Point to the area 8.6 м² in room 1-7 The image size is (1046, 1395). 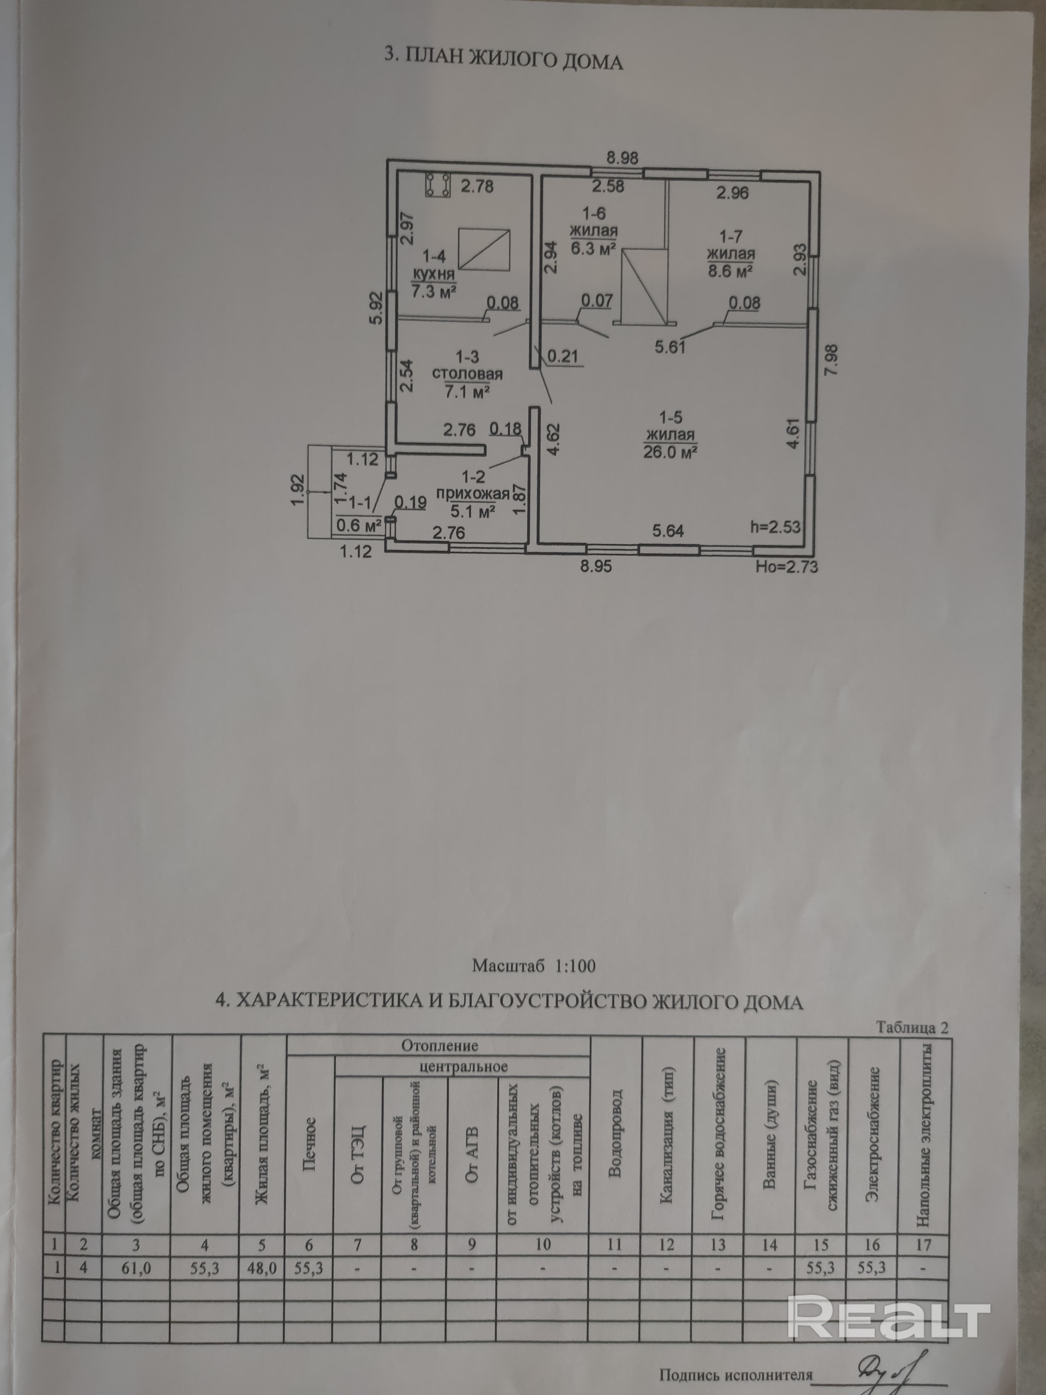pyautogui.click(x=731, y=271)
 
